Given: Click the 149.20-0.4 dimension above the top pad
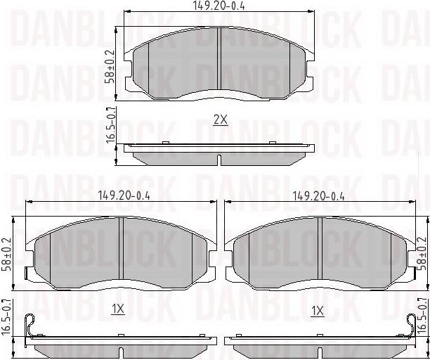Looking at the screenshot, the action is click(219, 6).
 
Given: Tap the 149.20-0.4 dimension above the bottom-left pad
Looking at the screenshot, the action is click(124, 196).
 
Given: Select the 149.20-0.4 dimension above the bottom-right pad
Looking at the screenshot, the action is click(319, 196).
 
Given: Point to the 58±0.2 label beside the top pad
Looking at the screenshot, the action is click(110, 67).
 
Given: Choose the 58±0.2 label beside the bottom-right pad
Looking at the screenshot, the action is click(422, 254).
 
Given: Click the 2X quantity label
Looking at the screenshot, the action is click(221, 120).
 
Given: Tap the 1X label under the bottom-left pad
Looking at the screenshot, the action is click(118, 310).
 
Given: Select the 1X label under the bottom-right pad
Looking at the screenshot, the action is click(318, 311).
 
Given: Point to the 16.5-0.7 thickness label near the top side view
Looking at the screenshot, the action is click(110, 125).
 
